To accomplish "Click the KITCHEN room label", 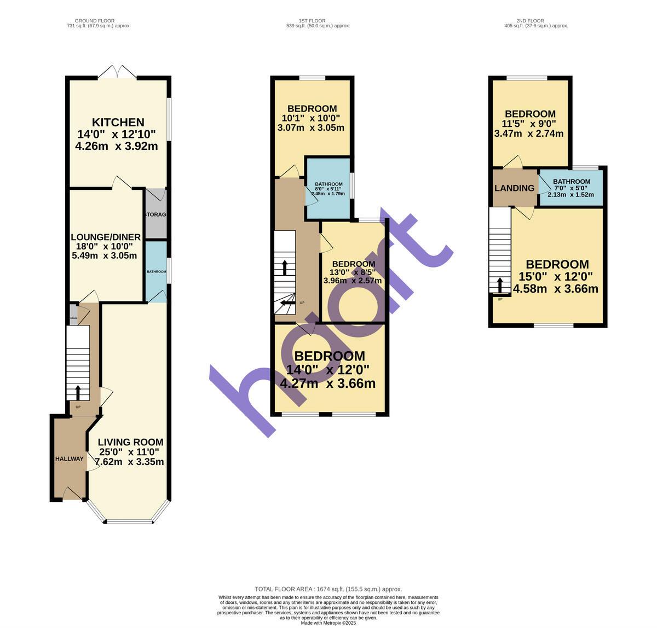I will (118, 123).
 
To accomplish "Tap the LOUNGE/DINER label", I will (106, 237).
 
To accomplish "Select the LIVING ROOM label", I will (130, 442).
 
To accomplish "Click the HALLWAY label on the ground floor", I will (70, 458).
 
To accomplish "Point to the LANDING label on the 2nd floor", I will (514, 188).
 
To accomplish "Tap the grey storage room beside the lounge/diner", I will (155, 214).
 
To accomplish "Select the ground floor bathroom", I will (156, 271).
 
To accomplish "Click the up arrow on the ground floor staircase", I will (78, 392).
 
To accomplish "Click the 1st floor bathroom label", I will (328, 184).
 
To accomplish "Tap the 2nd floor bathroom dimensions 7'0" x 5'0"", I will (572, 189).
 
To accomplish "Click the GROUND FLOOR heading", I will (95, 21).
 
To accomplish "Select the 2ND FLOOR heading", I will (530, 21).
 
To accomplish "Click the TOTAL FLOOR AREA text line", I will (328, 589).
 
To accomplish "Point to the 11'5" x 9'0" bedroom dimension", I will (529, 124).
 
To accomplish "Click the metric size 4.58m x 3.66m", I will (555, 289).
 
